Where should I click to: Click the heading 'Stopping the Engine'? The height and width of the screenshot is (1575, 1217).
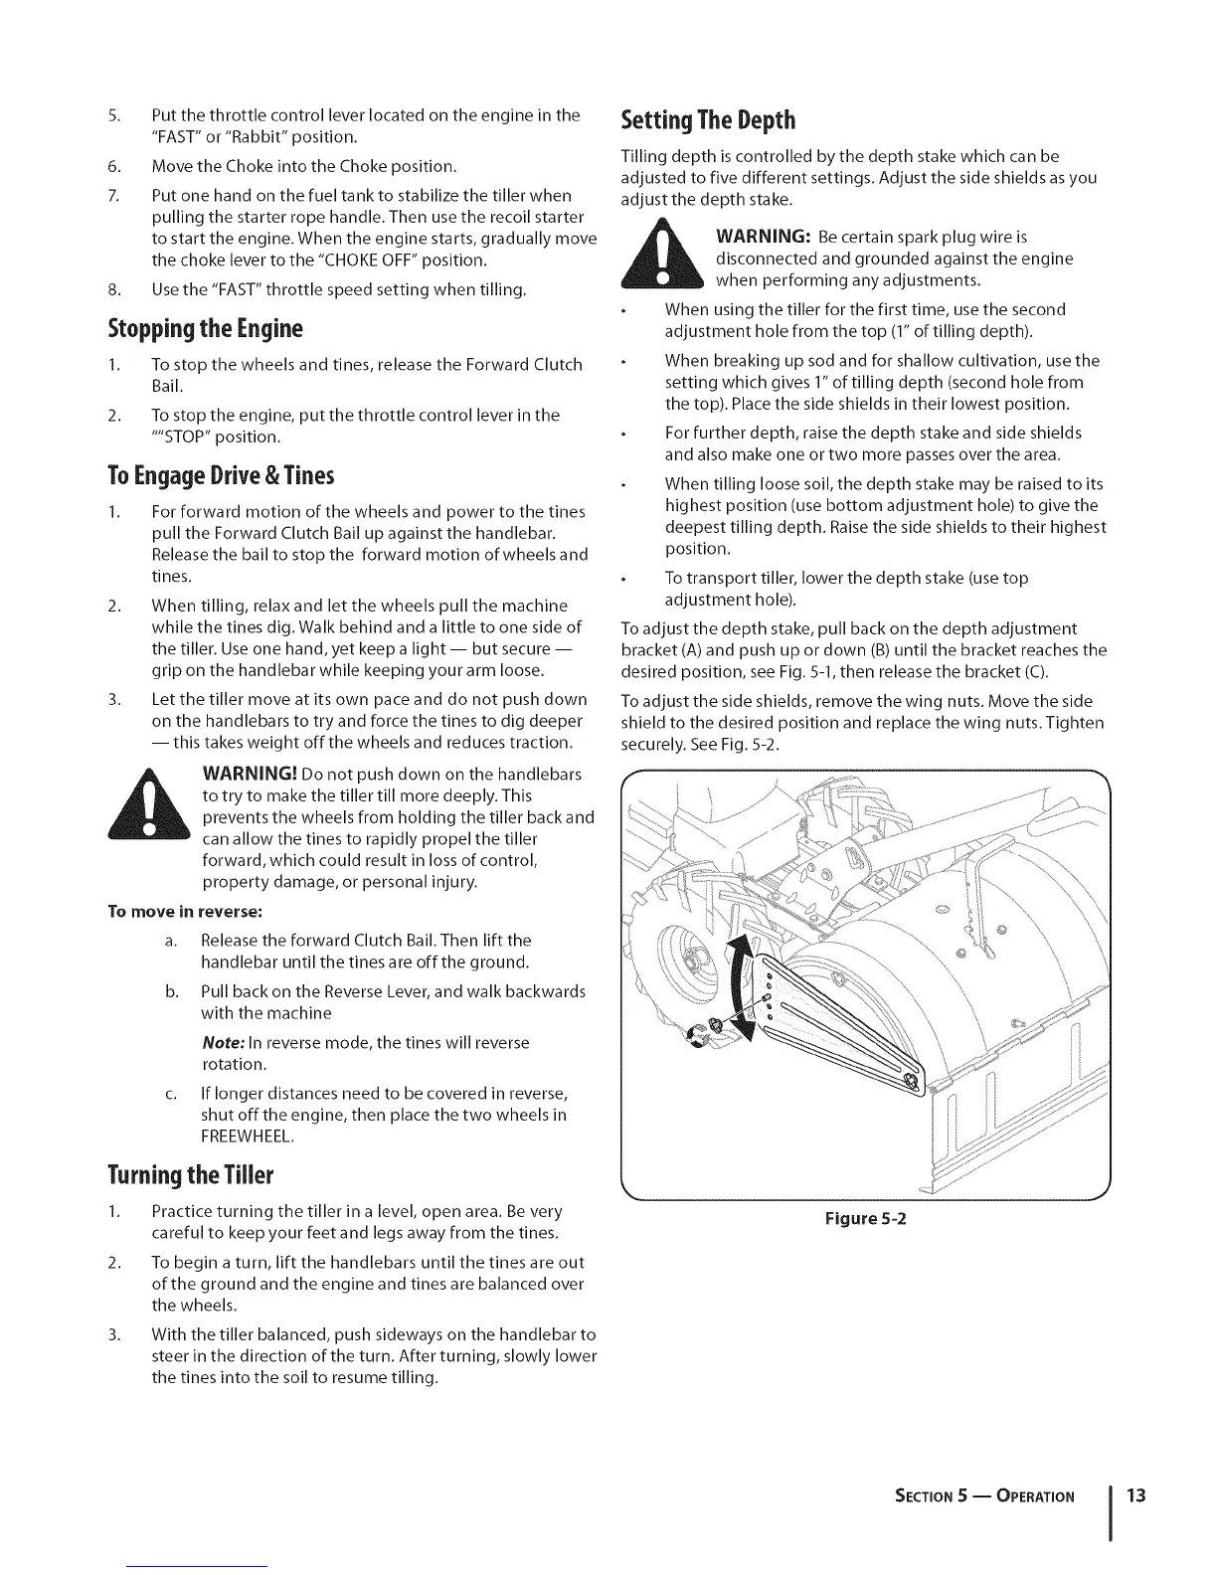coord(213,328)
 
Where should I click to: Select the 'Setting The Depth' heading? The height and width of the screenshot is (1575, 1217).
coord(708,120)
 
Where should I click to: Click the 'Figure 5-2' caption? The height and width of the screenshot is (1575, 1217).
coord(862,1218)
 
